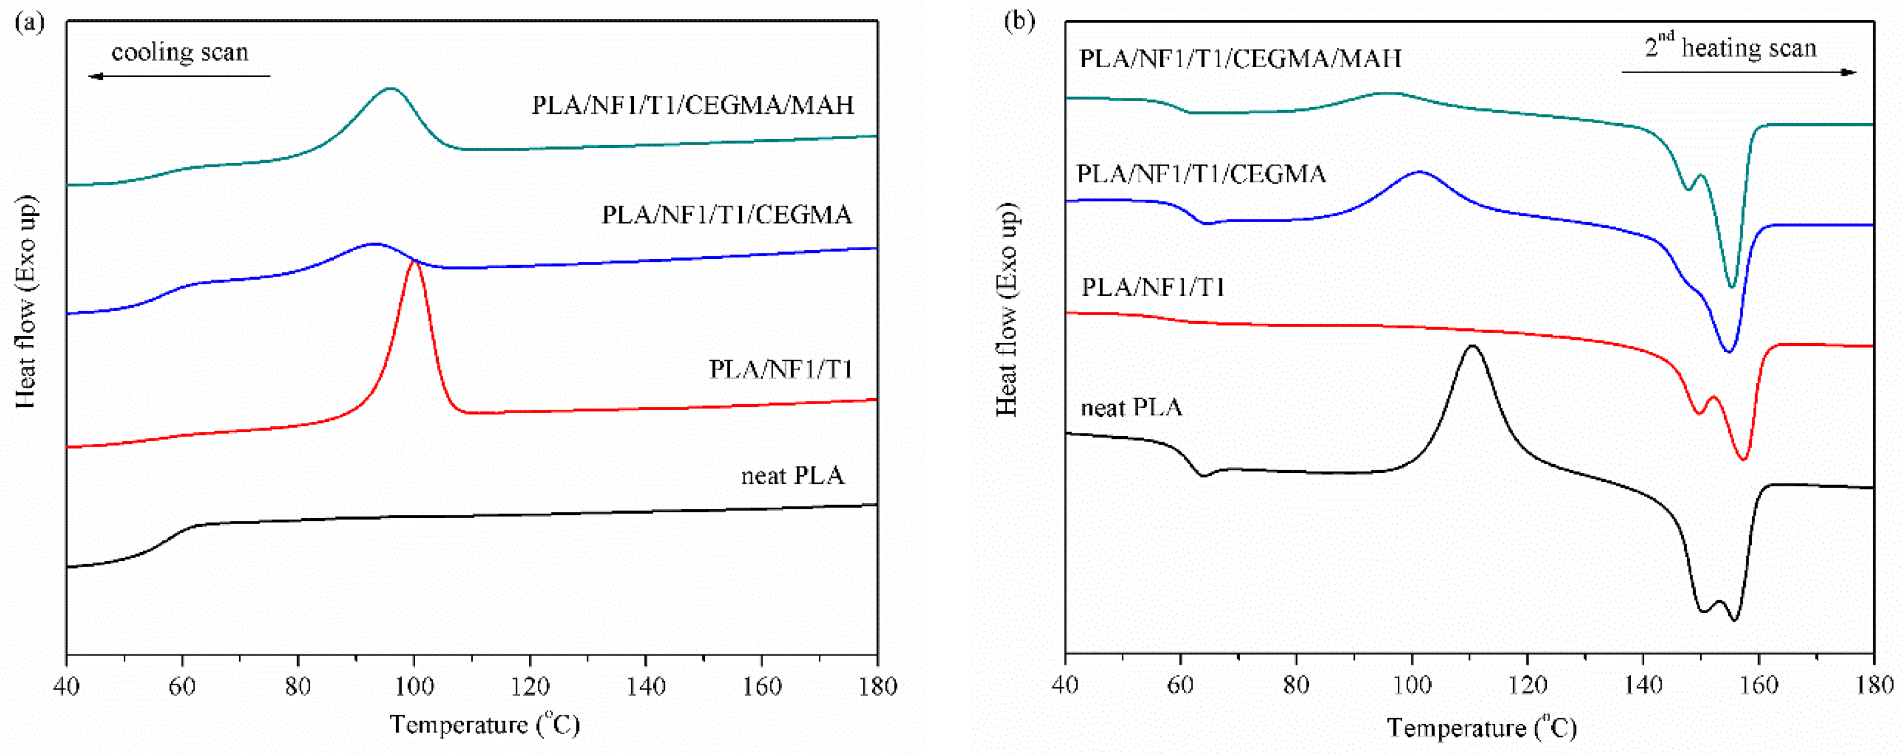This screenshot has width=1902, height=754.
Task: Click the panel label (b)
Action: pyautogui.click(x=1019, y=21)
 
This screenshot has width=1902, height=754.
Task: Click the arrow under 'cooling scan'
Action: pyautogui.click(x=179, y=76)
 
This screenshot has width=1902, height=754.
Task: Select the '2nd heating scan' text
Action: pyautogui.click(x=1730, y=48)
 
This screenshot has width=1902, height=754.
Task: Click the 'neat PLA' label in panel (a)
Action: pyautogui.click(x=792, y=476)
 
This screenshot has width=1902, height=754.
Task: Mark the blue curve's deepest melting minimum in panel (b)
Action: pyautogui.click(x=1728, y=351)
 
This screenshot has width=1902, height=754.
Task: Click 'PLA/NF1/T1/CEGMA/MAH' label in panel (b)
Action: pyautogui.click(x=1241, y=58)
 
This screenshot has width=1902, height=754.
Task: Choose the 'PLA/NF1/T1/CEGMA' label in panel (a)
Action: pyautogui.click(x=726, y=215)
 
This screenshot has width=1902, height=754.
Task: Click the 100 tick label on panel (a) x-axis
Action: pyautogui.click(x=414, y=687)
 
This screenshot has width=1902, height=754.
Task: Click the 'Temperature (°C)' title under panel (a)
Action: pyautogui.click(x=485, y=725)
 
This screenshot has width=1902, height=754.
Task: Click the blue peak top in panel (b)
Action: pyautogui.click(x=1419, y=172)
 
